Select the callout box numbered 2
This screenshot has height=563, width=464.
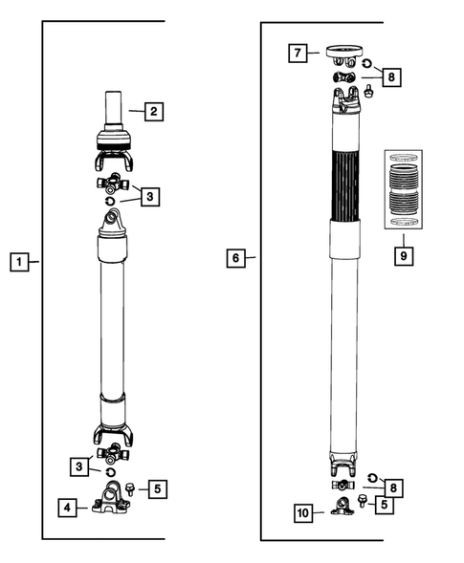click(x=153, y=112)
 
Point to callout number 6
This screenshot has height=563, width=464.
click(x=235, y=257)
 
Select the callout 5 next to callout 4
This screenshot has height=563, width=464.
click(x=158, y=488)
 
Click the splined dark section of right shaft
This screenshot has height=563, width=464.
click(x=346, y=186)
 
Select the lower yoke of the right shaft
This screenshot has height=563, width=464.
click(x=347, y=466)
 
